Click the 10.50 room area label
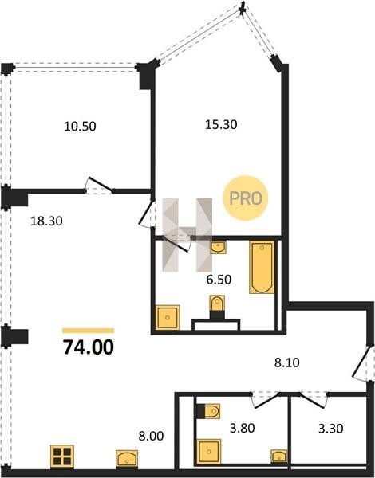[80, 126]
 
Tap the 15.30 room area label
[221, 125]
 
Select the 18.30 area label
[47, 221]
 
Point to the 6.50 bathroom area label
[219, 280]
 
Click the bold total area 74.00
[89, 347]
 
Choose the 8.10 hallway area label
[287, 362]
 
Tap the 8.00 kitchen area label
[151, 436]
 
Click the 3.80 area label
[243, 428]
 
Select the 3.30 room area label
[331, 429]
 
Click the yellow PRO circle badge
[245, 198]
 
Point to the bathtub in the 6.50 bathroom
[262, 268]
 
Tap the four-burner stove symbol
[62, 456]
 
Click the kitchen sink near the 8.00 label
[127, 459]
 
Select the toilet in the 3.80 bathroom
[208, 411]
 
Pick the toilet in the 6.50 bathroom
[217, 307]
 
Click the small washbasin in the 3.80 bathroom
[278, 456]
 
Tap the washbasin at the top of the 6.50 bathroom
[218, 248]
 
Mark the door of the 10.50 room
[100, 186]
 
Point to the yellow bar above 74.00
[89, 331]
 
